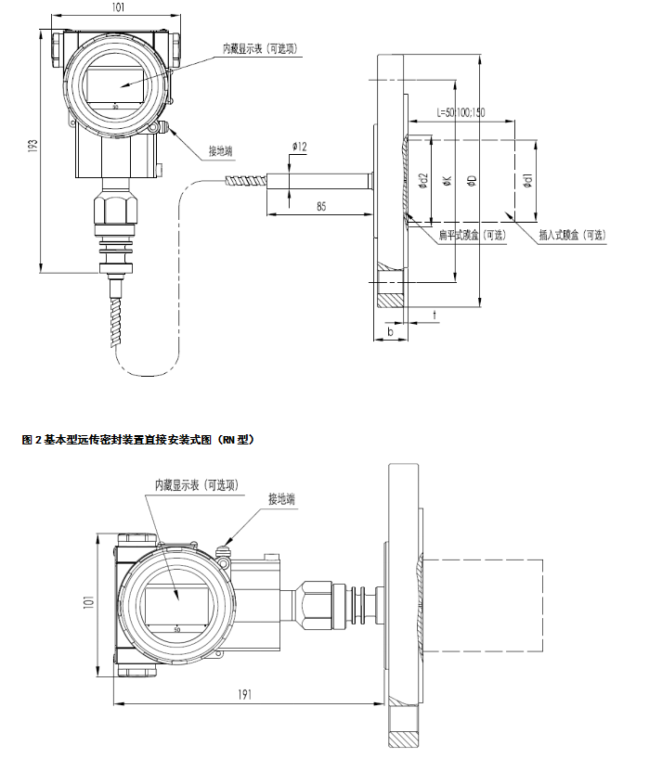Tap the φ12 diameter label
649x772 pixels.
pyautogui.click(x=299, y=147)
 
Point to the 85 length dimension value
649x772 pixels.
pyautogui.click(x=320, y=205)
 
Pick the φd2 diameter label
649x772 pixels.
pyautogui.click(x=423, y=181)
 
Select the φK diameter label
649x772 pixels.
pyautogui.click(x=448, y=181)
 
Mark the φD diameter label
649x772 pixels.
pyautogui.click(x=472, y=181)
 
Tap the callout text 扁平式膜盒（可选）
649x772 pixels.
pyautogui.click(x=473, y=236)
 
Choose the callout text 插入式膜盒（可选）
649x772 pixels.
pyautogui.click(x=572, y=236)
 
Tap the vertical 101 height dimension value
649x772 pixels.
pyautogui.click(x=88, y=600)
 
